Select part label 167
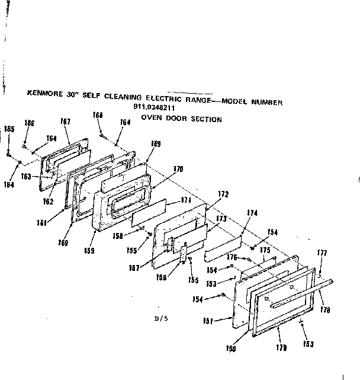point(66,122)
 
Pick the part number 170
point(178,169)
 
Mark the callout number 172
point(223,194)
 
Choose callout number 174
point(252,212)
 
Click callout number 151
point(208,321)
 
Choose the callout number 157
point(135,268)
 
